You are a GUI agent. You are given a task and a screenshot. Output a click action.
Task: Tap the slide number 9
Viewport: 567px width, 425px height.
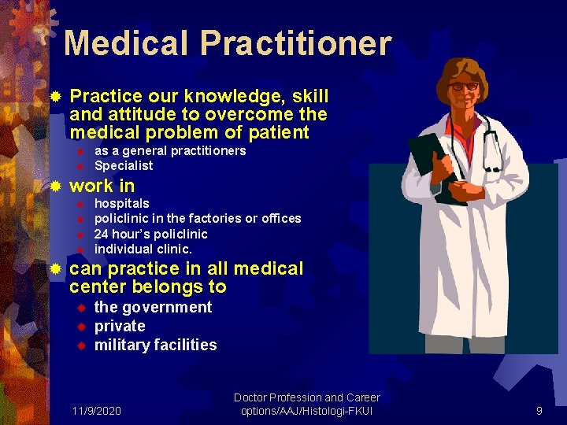(x=539, y=410)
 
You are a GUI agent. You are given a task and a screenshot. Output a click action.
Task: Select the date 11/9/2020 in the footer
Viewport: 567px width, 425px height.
(x=96, y=410)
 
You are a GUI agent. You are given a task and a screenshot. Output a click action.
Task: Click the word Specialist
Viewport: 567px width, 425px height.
(x=124, y=166)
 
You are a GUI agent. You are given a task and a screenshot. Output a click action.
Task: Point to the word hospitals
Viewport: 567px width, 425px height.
(x=121, y=203)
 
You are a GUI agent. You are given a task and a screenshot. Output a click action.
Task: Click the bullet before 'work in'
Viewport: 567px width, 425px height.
(x=54, y=187)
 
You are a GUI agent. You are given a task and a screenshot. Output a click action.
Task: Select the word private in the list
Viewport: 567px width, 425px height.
(x=120, y=326)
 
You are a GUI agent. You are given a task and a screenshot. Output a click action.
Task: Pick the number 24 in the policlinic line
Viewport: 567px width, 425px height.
(x=101, y=234)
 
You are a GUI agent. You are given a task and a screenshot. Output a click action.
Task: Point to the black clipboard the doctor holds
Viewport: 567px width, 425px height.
(x=429, y=153)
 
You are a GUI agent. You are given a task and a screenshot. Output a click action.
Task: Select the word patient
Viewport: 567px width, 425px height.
(x=280, y=131)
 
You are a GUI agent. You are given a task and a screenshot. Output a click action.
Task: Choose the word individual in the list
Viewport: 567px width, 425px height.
(x=121, y=249)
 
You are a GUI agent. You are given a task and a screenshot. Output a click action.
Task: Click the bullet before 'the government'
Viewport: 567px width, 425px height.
(x=80, y=307)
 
